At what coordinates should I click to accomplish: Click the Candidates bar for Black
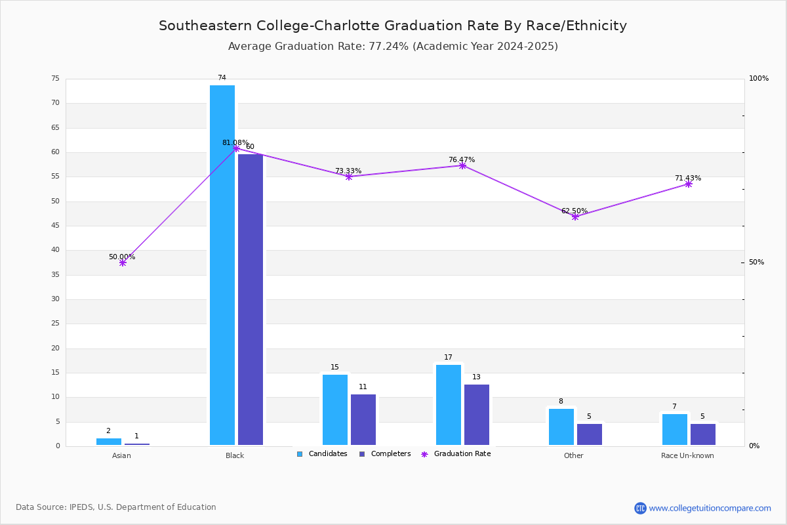click(x=222, y=265)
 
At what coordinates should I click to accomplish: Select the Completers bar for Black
click(x=250, y=300)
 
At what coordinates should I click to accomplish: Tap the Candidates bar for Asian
click(x=109, y=442)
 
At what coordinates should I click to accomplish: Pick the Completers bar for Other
click(x=589, y=434)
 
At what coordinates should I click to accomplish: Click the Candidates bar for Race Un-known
click(x=675, y=429)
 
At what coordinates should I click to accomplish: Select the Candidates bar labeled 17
click(x=449, y=405)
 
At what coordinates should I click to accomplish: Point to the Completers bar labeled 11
click(x=363, y=419)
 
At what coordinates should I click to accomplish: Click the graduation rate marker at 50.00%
click(x=123, y=262)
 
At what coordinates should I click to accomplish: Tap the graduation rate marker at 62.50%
click(x=575, y=217)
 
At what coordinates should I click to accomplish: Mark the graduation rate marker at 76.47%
click(x=462, y=165)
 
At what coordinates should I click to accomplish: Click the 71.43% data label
click(x=687, y=178)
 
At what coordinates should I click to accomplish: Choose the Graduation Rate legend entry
click(x=456, y=453)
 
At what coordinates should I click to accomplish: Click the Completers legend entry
click(x=385, y=453)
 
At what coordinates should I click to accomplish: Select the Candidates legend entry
click(x=322, y=453)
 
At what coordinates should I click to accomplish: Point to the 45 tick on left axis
click(x=56, y=225)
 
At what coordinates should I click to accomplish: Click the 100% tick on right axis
click(x=759, y=78)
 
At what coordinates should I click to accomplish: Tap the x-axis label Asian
click(x=121, y=455)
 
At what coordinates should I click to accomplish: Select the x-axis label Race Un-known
click(x=687, y=455)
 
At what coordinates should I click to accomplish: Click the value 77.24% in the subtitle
click(x=388, y=47)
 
